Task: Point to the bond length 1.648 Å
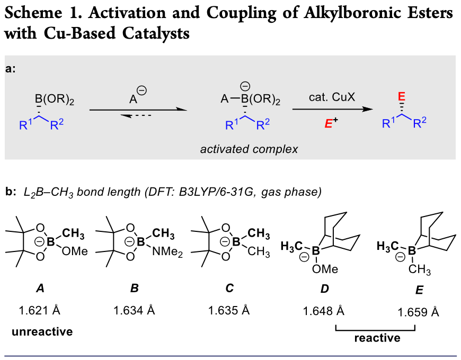(x=323, y=311)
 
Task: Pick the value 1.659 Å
(x=418, y=312)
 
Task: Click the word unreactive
(x=42, y=332)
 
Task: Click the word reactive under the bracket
(x=377, y=338)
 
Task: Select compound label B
(x=134, y=289)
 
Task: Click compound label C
(x=229, y=289)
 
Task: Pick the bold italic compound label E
(x=418, y=291)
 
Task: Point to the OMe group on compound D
(x=325, y=269)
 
